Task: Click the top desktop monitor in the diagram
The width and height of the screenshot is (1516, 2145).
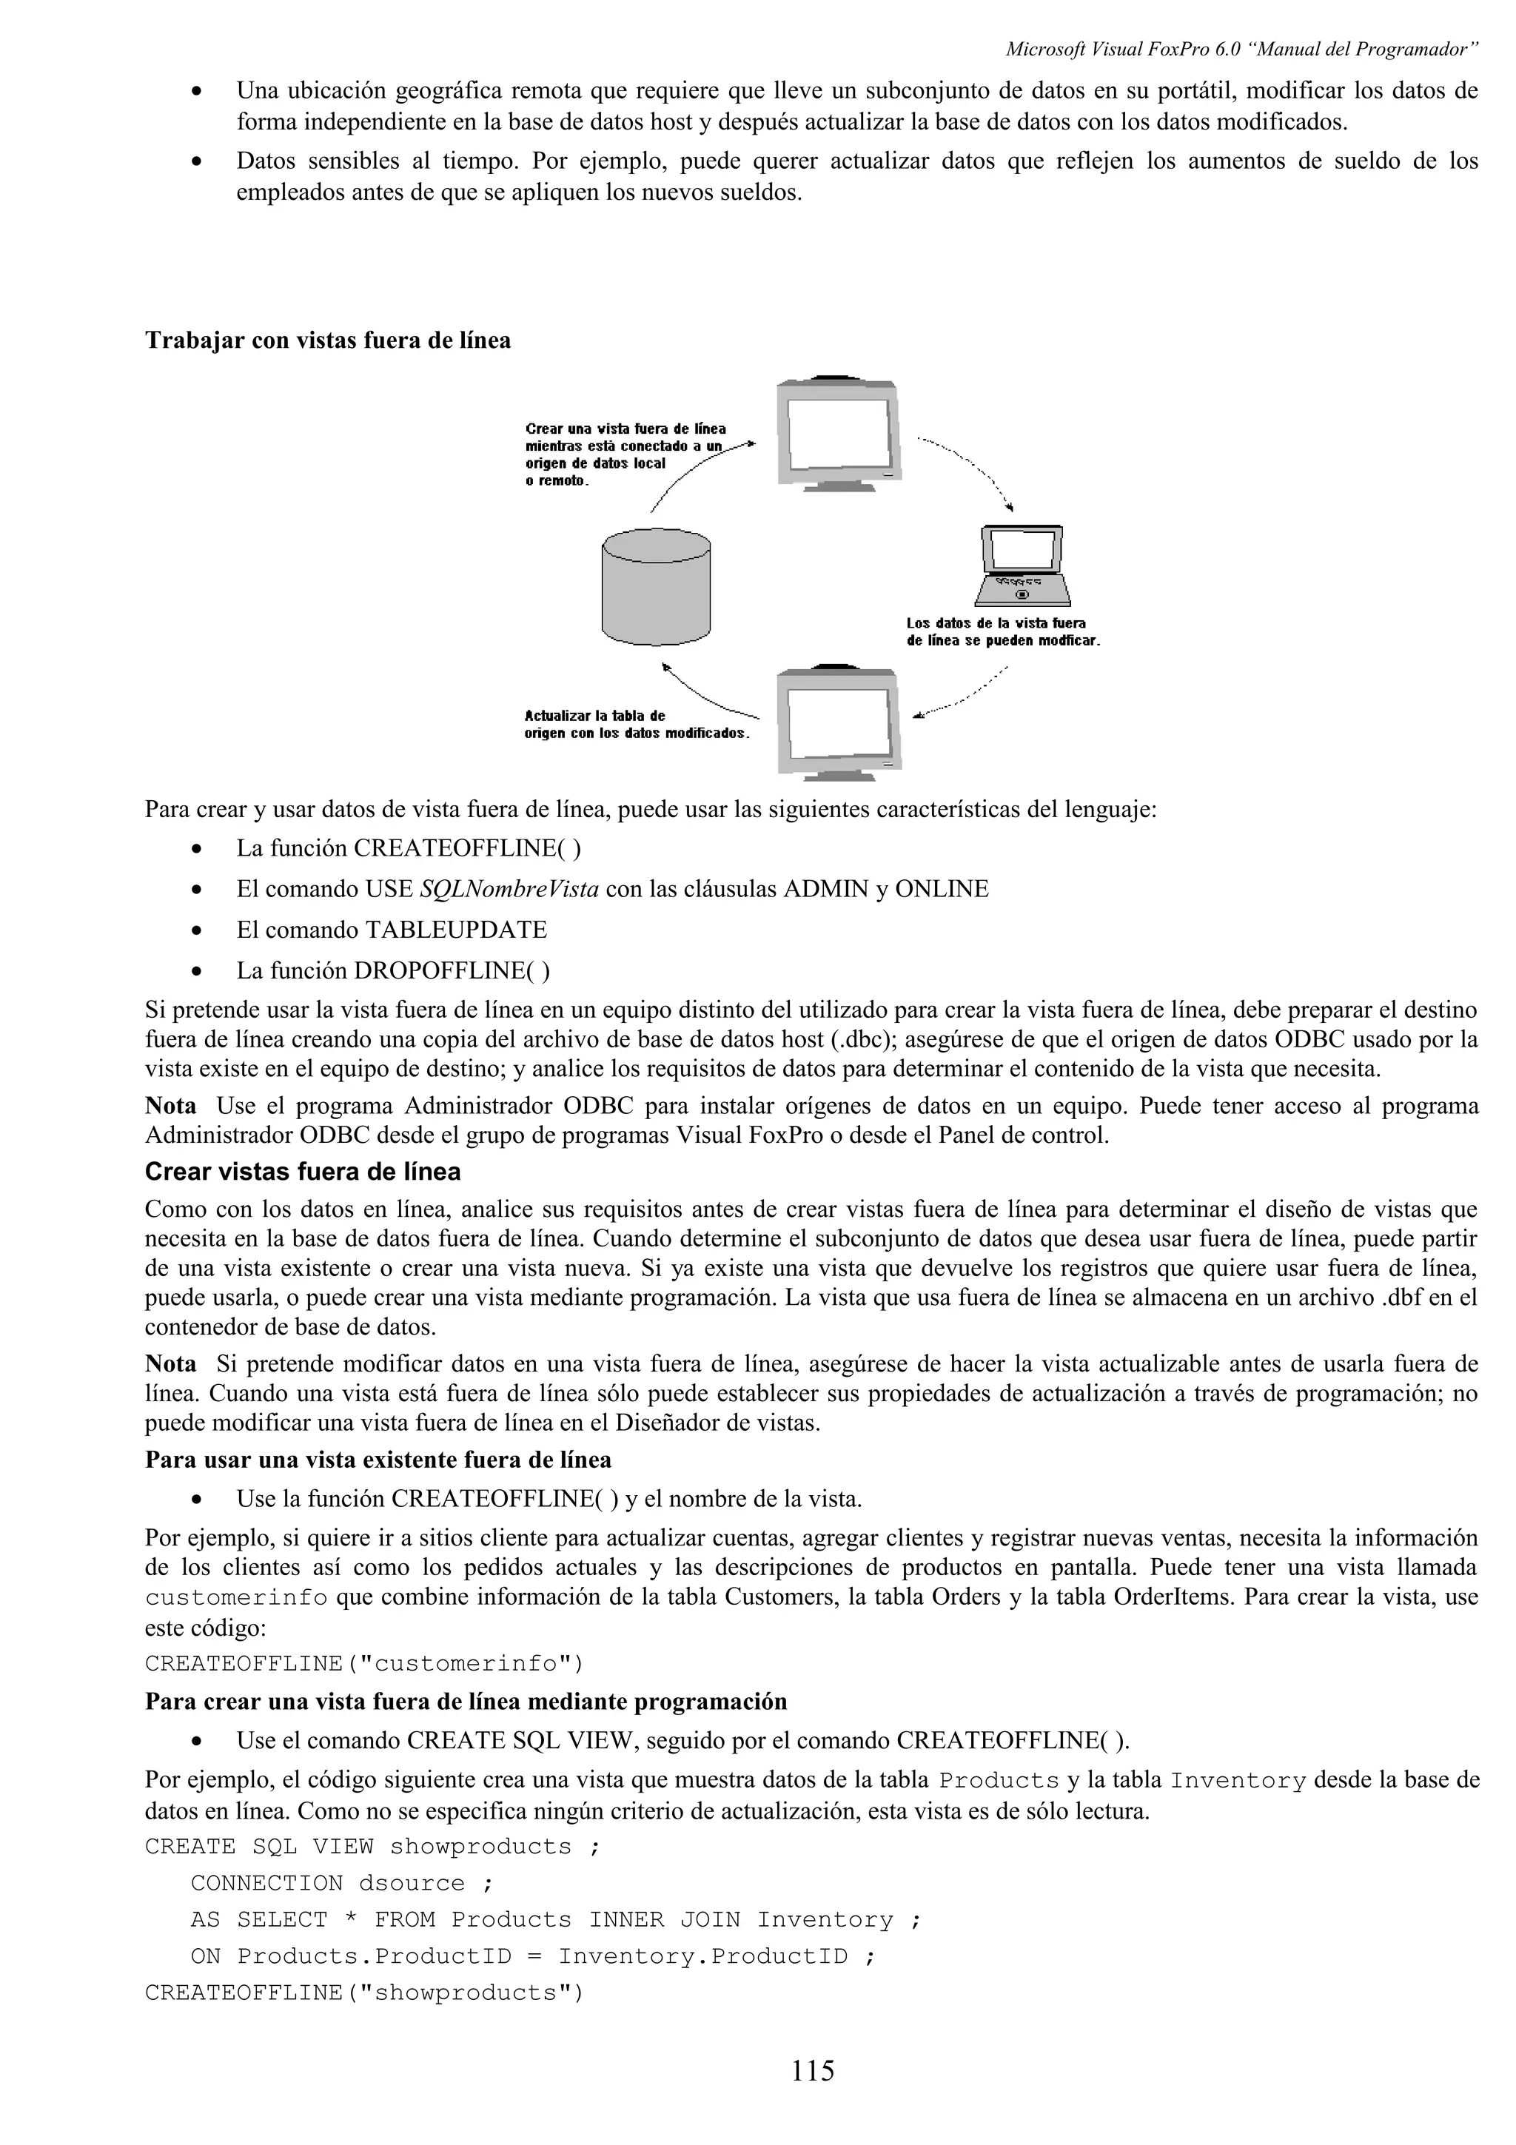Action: tap(838, 434)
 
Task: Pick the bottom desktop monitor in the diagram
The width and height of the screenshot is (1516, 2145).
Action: tap(838, 725)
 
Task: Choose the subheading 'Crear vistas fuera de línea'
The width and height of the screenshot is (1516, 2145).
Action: tap(303, 1172)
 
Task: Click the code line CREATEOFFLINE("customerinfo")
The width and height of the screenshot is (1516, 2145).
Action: tap(364, 1664)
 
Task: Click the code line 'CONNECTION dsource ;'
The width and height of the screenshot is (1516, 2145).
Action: tap(342, 1884)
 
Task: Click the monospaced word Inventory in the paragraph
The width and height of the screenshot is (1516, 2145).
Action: tap(1238, 1781)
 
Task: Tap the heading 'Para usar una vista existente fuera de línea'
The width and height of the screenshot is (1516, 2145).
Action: tap(378, 1460)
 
